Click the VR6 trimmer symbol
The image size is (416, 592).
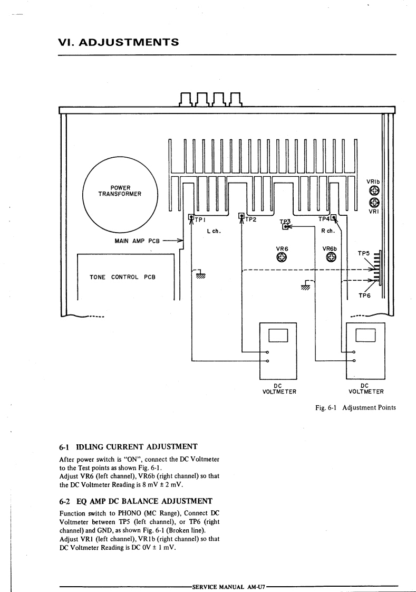282,257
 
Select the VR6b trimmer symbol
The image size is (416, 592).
331,257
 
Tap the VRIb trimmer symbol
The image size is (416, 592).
374,190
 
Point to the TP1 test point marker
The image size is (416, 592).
191,216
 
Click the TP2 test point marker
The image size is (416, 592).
241,216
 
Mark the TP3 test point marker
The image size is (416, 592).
286,226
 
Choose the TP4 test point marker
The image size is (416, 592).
333,215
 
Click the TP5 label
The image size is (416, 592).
364,253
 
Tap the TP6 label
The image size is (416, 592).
365,295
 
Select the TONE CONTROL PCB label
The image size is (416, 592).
123,277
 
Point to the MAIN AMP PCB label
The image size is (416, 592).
137,241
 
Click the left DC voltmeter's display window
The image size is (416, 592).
278,335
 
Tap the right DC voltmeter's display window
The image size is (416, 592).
365,335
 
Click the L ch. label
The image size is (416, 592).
213,231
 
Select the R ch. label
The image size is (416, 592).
328,231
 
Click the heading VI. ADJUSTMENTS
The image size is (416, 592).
118,42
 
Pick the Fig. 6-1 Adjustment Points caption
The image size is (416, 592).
354,407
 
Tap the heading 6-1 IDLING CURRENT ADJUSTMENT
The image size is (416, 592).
128,446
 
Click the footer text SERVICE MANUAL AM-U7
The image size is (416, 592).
229,587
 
